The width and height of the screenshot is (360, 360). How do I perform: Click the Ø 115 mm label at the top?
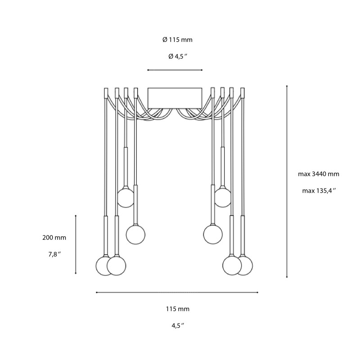tap(177, 40)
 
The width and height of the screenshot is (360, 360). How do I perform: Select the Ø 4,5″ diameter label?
tap(177, 56)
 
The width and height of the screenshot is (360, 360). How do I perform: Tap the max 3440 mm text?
tap(319, 174)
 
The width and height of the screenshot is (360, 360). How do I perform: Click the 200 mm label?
tap(54, 237)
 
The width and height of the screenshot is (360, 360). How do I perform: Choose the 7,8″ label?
tap(54, 254)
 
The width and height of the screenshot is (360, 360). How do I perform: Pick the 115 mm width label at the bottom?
tap(177, 309)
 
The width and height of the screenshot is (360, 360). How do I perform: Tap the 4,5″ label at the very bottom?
tap(177, 326)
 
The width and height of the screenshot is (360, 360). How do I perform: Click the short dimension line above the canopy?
tap(175, 70)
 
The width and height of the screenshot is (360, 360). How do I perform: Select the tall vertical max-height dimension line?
tap(287, 180)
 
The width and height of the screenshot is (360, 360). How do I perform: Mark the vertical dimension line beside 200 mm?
tap(76, 244)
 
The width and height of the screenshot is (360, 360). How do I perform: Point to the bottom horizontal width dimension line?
tap(177, 292)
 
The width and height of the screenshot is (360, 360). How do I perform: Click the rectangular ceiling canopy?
tap(175, 98)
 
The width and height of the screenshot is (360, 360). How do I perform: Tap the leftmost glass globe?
tap(105, 265)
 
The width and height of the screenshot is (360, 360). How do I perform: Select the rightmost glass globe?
tap(244, 265)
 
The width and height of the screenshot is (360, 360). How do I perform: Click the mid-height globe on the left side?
tap(135, 234)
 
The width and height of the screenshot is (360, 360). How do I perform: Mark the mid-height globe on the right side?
tap(212, 234)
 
